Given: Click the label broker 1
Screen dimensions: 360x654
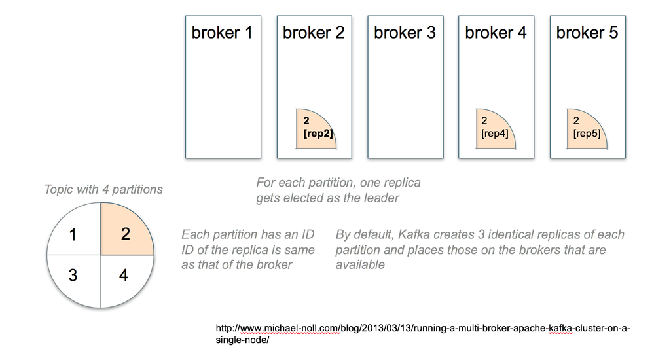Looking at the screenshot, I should (x=222, y=33).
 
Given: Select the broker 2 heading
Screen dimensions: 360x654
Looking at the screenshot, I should (x=314, y=33).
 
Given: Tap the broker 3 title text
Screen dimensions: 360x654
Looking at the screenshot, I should (x=405, y=33).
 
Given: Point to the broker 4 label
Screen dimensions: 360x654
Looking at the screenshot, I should (x=496, y=33).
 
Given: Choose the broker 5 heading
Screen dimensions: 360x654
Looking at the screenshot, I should (x=587, y=33).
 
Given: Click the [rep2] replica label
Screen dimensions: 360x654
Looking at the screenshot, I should (x=318, y=134).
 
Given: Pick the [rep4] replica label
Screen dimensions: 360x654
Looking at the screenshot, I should (x=496, y=134).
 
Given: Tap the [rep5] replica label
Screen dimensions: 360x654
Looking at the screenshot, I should (x=587, y=134).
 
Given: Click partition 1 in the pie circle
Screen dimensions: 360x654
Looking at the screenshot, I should (x=73, y=234).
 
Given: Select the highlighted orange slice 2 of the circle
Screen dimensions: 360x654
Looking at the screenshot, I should (x=126, y=234).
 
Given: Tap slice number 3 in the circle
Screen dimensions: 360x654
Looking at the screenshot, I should (x=73, y=276).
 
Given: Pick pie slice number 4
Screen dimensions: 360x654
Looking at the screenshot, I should (x=124, y=275).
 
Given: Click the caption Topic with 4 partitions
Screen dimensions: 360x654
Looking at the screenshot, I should (x=103, y=190).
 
